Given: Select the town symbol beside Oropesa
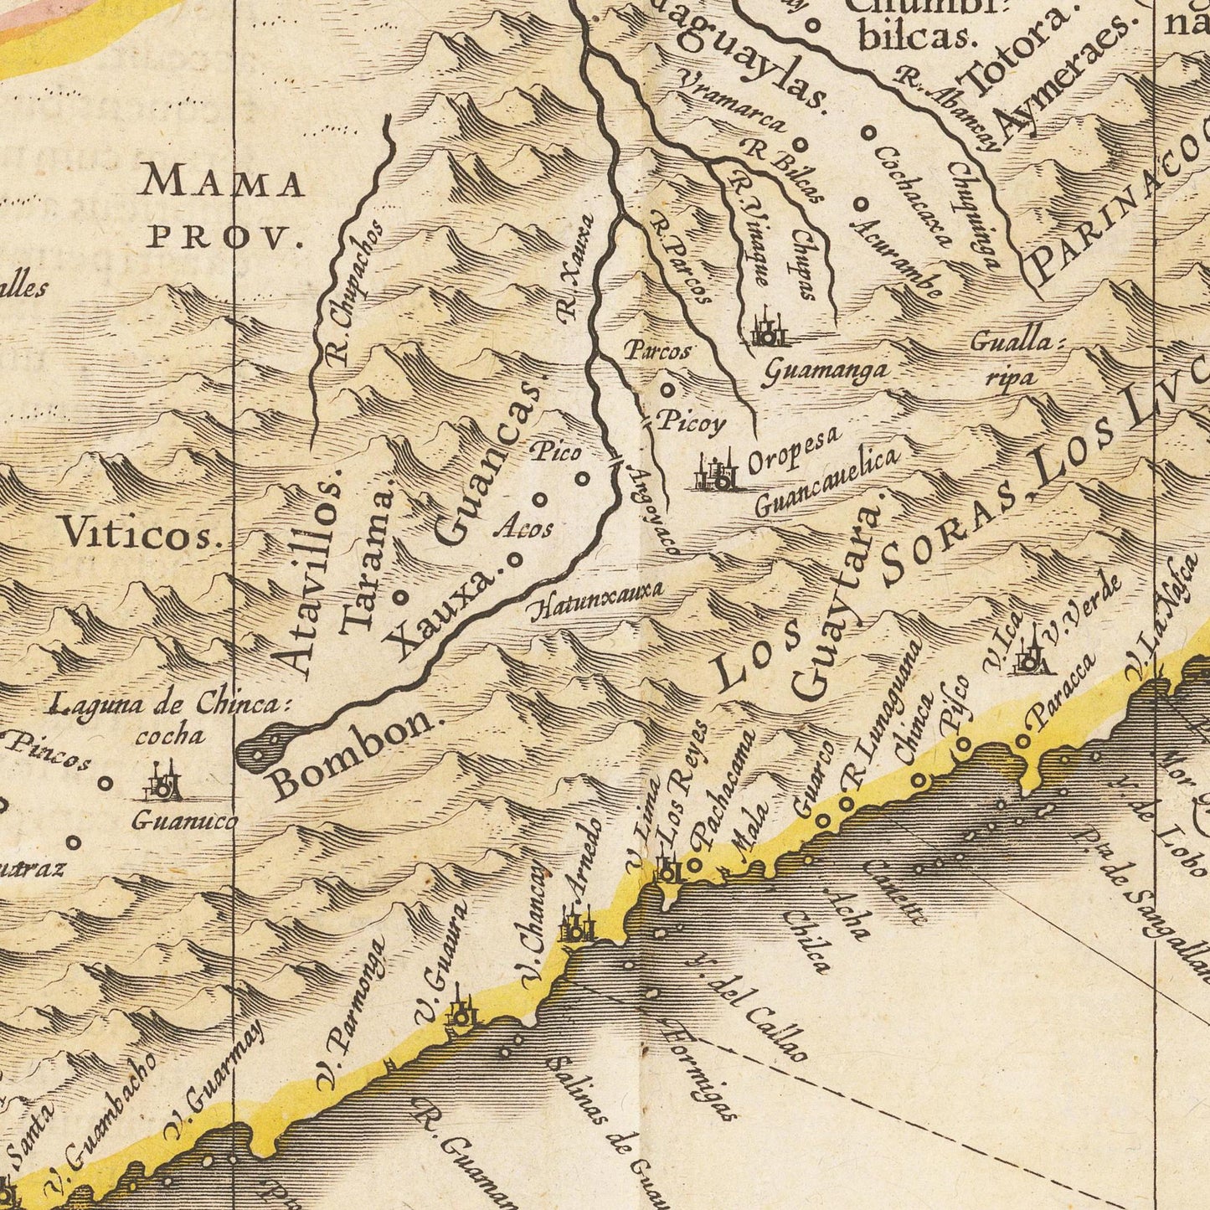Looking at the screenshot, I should pos(716,473).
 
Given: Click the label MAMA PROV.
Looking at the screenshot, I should pos(224,207).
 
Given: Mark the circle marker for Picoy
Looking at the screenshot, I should pos(667,389).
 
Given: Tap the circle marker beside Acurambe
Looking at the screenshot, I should pos(861,203).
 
